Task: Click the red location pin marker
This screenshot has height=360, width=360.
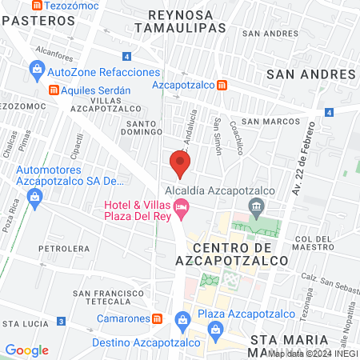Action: (x=180, y=164)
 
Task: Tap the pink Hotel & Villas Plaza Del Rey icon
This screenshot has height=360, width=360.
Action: (x=182, y=211)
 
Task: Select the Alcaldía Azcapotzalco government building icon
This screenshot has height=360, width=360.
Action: (x=256, y=210)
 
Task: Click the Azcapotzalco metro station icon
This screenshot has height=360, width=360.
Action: (x=231, y=85)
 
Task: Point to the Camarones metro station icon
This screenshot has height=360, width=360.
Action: (x=158, y=318)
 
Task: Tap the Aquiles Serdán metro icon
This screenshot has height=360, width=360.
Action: (x=54, y=90)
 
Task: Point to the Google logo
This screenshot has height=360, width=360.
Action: (x=26, y=350)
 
